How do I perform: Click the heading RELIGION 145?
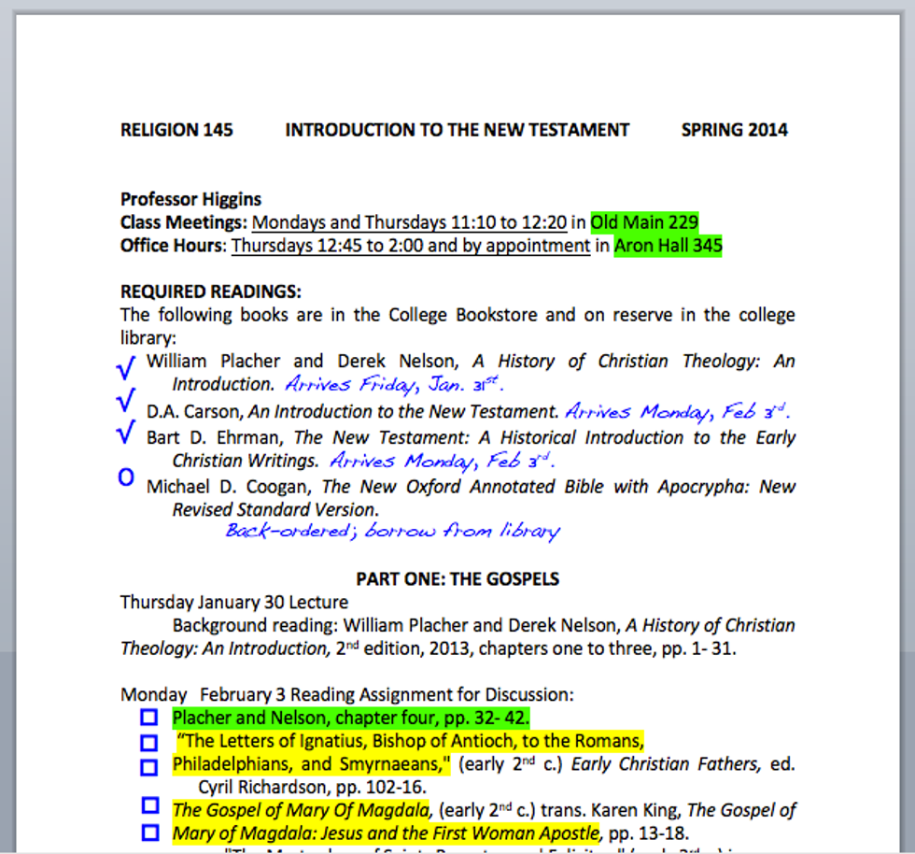tap(176, 130)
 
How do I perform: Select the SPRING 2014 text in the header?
tap(734, 130)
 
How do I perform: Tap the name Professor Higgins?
tap(190, 199)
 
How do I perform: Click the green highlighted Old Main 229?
tap(644, 222)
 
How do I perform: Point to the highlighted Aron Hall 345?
tap(668, 246)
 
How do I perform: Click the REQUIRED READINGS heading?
tap(211, 292)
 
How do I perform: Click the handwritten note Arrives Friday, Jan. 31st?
tap(395, 384)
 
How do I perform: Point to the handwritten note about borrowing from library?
tap(392, 532)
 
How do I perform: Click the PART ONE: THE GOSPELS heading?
tap(457, 579)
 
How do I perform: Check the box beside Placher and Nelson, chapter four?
tap(148, 718)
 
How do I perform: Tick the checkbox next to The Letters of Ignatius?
tap(148, 743)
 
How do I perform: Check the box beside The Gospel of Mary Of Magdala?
tap(148, 804)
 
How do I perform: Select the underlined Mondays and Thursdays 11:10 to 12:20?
tap(409, 222)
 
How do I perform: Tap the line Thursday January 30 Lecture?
tap(234, 603)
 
